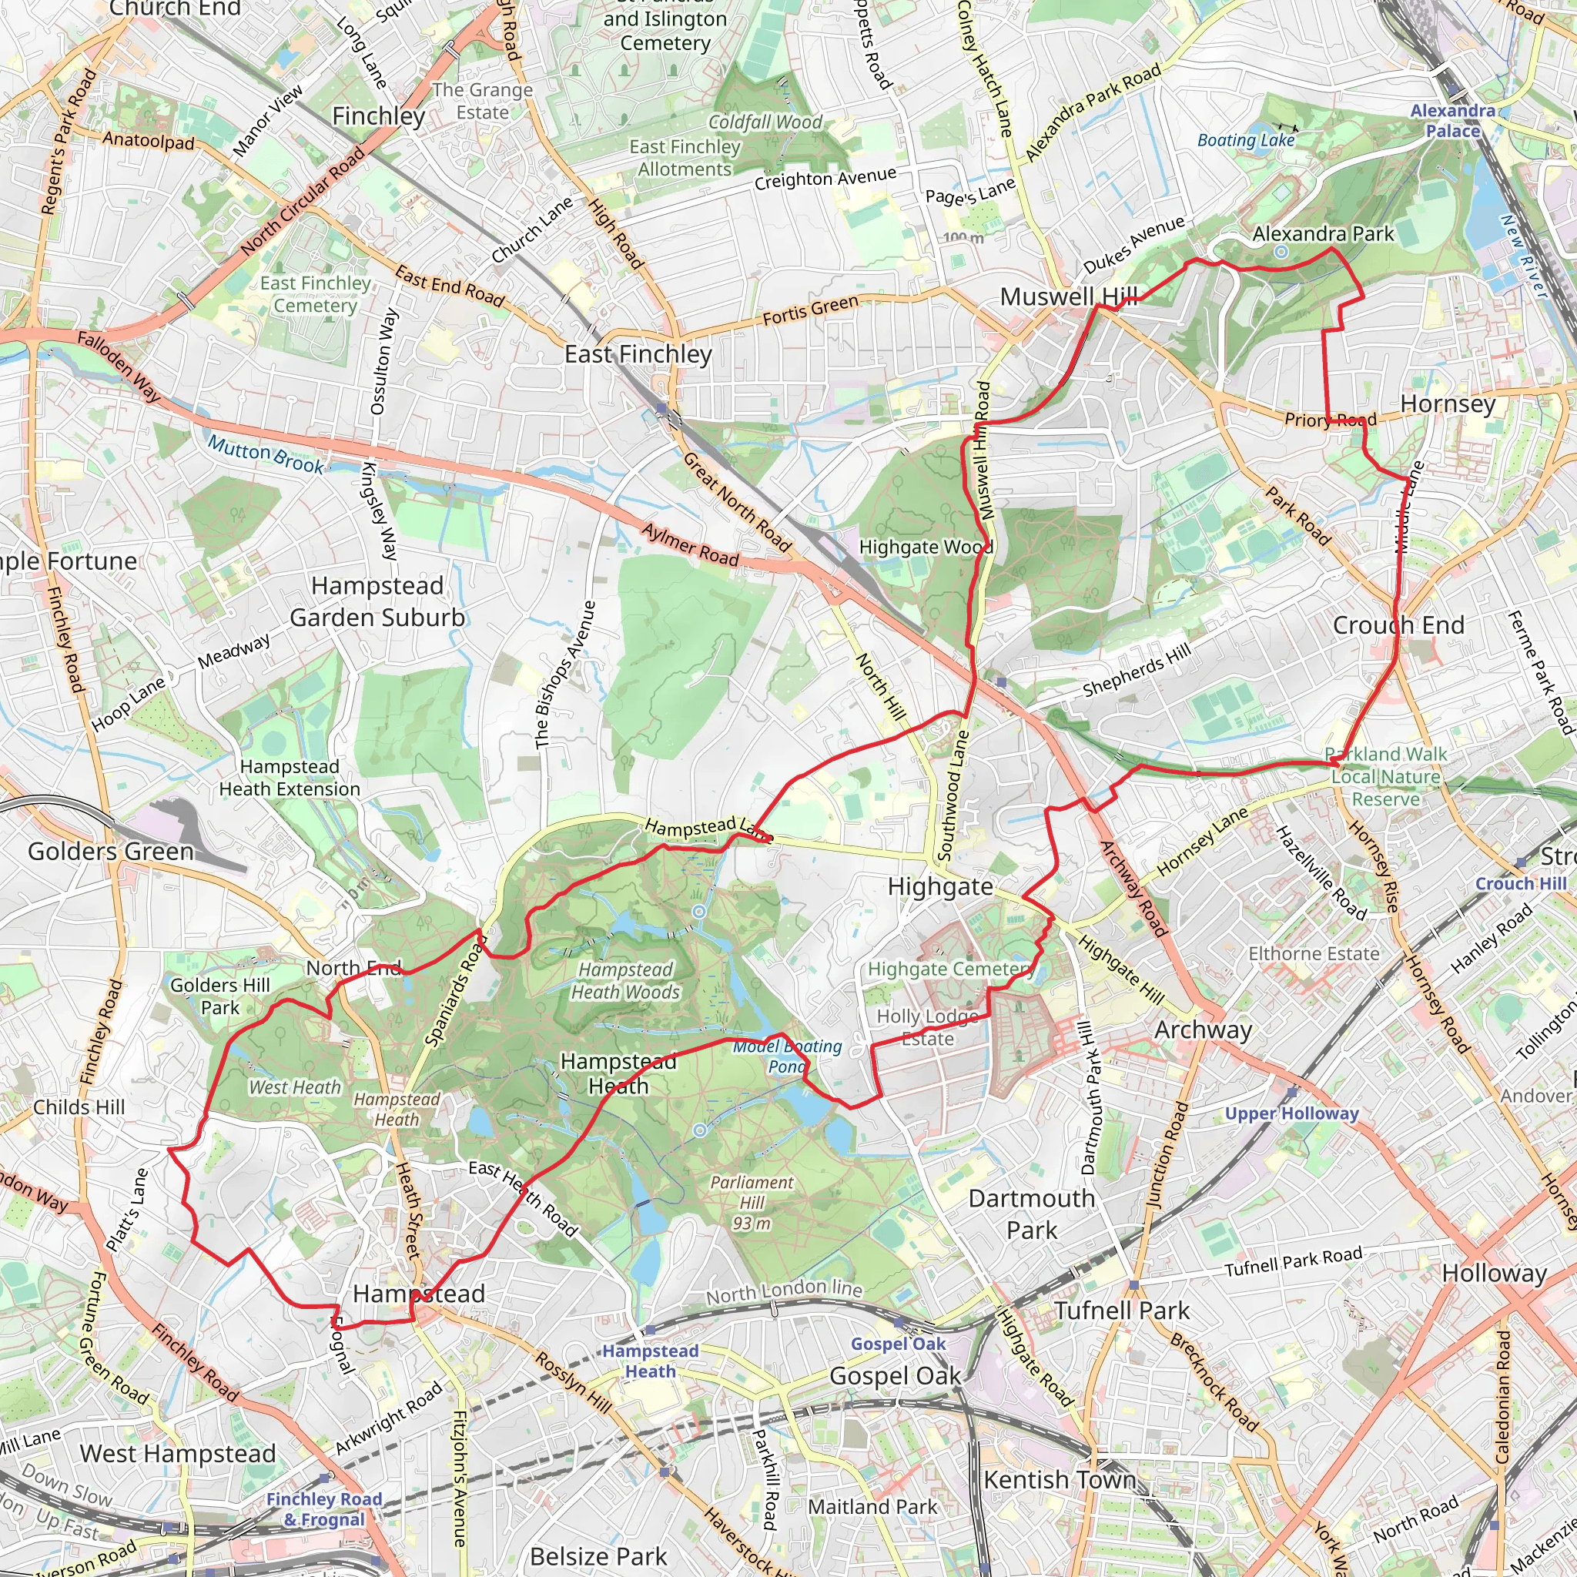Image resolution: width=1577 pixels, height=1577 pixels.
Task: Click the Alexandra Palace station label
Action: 1452,121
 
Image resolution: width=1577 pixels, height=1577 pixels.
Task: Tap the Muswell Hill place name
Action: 1069,297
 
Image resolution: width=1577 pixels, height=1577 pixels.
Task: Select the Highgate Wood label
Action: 926,547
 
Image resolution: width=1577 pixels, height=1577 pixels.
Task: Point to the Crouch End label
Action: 1398,625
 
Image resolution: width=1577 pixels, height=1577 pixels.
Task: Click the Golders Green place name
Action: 111,852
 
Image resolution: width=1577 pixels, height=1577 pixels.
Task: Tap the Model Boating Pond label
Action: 787,1056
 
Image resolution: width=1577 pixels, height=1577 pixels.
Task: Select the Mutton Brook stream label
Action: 266,454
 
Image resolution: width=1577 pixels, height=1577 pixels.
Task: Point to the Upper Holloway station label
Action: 1291,1113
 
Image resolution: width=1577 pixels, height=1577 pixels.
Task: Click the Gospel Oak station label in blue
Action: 898,1344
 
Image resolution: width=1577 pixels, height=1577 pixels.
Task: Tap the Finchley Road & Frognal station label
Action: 324,1509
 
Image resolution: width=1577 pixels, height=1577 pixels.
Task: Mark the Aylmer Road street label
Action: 690,545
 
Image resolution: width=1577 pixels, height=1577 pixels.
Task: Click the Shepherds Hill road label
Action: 1137,670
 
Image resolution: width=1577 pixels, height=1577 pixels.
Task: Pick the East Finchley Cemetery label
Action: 315,294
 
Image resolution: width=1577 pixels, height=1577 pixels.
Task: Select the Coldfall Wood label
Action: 765,122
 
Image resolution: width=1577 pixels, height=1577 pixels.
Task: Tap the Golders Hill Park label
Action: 219,996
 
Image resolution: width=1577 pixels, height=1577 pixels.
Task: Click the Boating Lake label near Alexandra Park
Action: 1246,140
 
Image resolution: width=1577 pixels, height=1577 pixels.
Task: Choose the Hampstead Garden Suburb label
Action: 377,601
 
